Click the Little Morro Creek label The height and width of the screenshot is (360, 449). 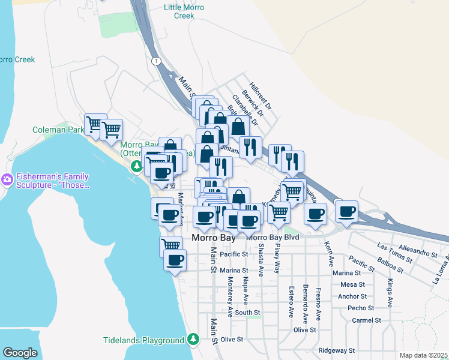(x=184, y=11)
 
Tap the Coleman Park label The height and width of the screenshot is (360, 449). (x=58, y=129)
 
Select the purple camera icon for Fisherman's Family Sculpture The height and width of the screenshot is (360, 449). (x=7, y=179)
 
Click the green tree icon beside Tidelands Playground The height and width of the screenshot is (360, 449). (x=193, y=340)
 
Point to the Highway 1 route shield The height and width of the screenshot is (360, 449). (x=156, y=61)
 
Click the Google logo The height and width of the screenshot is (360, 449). (x=20, y=353)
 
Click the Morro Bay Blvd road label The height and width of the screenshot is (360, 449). (x=273, y=238)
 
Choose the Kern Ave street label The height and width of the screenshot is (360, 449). (x=328, y=254)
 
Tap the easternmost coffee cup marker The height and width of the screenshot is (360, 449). (x=347, y=212)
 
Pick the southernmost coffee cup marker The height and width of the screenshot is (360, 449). (x=175, y=261)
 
